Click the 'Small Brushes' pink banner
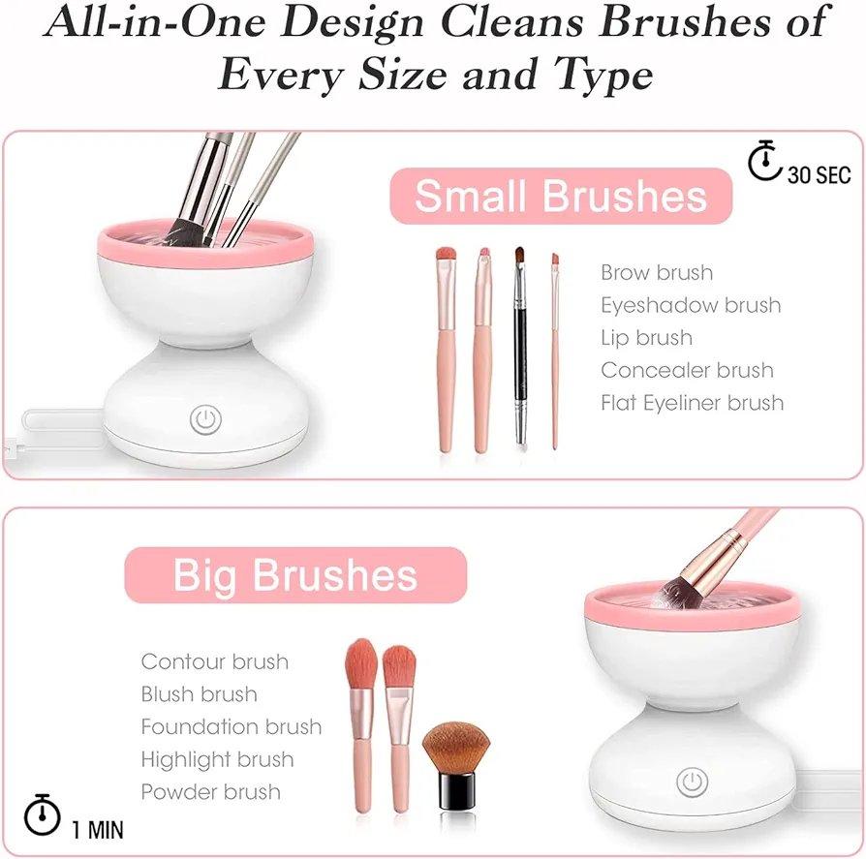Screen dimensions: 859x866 561,196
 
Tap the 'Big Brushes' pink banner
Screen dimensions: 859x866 295,575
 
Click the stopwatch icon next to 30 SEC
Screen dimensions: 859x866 765,162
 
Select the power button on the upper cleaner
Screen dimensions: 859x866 205,419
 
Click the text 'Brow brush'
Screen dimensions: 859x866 657,273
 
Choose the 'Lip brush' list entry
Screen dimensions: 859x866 646,338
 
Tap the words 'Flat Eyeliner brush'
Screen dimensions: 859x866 692,402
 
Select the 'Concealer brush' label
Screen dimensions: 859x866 687,370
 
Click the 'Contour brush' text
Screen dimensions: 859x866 215,662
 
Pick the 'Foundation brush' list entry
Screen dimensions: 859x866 232,726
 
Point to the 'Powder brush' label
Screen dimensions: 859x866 211,791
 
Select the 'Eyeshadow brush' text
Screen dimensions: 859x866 691,305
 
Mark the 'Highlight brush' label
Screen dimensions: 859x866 217,759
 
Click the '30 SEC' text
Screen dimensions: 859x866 819,174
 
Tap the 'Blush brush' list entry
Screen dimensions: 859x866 200,694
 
